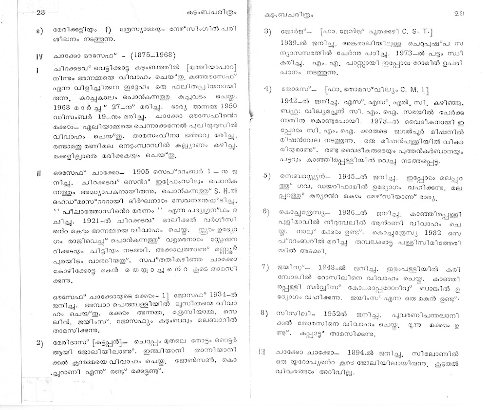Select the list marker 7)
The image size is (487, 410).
[x=267, y=267]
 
